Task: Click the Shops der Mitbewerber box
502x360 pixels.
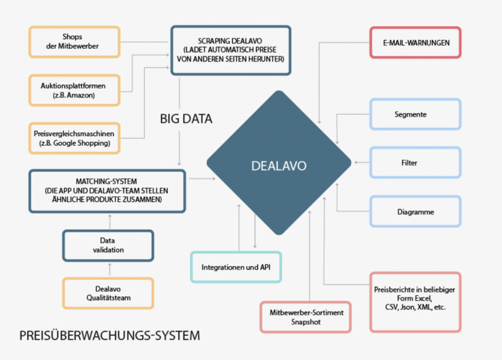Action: [75, 42]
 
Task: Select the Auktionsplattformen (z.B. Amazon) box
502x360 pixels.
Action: [74, 90]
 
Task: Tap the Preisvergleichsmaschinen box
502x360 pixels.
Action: [74, 138]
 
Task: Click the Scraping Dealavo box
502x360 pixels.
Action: [230, 50]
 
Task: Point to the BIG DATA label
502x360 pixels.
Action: [186, 119]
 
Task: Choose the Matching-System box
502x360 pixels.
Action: [107, 191]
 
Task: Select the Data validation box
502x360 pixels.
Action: [108, 245]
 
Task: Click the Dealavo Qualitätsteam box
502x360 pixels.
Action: [108, 293]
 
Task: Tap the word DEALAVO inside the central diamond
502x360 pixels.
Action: [278, 166]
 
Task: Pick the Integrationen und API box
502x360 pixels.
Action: [236, 267]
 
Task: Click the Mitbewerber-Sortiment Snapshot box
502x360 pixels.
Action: [305, 317]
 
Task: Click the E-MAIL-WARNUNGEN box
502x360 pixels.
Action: [415, 43]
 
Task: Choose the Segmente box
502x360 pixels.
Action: [415, 114]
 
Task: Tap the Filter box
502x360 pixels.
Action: [415, 162]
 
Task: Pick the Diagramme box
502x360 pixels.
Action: [415, 212]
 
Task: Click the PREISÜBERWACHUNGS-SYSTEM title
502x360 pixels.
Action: [110, 336]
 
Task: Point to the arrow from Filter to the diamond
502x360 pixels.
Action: [362, 162]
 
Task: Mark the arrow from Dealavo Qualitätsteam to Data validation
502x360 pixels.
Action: [109, 269]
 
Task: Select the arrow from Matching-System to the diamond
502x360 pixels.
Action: [201, 179]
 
